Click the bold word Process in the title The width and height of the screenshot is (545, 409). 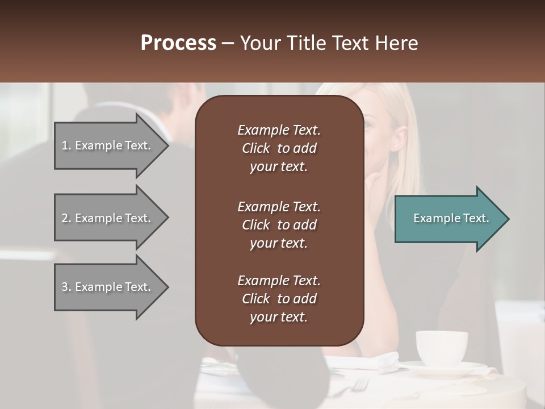(x=178, y=43)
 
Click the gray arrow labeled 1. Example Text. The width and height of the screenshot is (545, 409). (x=108, y=145)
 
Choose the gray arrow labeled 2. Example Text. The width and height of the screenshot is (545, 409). (x=108, y=218)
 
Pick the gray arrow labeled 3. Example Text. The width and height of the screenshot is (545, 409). (x=108, y=287)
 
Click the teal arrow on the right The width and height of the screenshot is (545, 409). (x=448, y=218)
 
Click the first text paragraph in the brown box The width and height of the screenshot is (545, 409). (x=279, y=148)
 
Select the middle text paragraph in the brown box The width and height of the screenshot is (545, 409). (x=279, y=225)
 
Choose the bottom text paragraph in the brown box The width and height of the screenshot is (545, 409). (x=279, y=299)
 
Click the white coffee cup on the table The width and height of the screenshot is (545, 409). (x=441, y=348)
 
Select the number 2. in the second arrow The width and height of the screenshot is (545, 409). (x=66, y=218)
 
